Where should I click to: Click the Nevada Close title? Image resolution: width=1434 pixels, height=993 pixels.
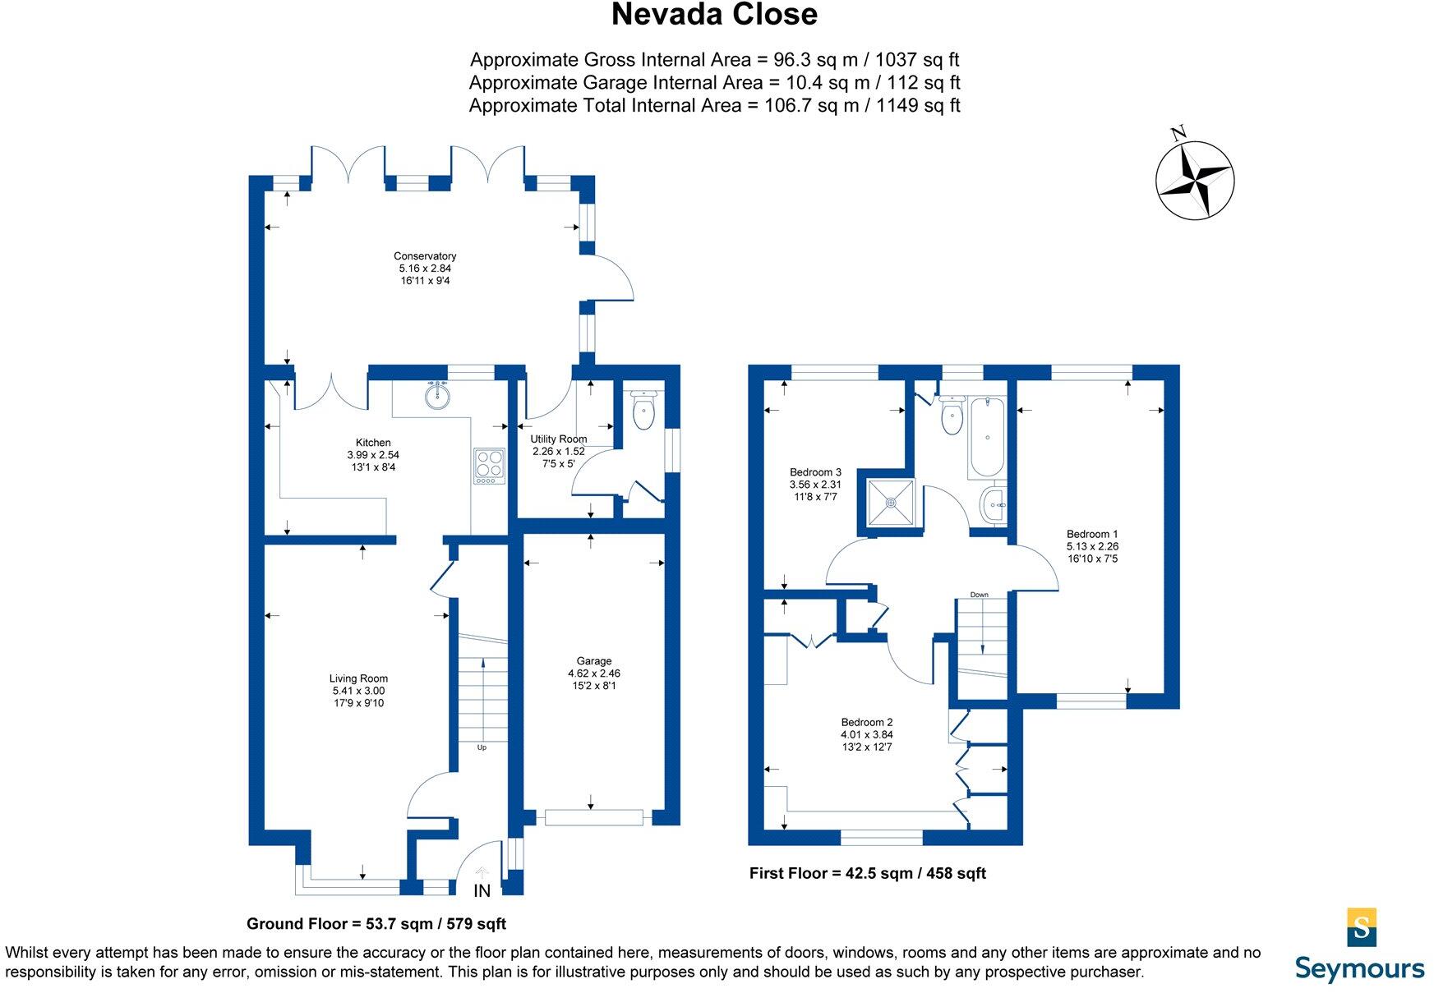click(713, 15)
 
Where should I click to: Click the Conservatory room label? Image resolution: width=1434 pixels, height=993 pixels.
click(425, 256)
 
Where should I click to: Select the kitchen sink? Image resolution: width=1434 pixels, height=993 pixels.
click(438, 397)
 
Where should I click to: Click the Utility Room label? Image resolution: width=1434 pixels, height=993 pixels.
click(559, 439)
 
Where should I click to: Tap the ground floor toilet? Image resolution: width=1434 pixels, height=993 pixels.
click(643, 411)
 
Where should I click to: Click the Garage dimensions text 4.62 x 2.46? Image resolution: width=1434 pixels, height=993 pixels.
click(593, 673)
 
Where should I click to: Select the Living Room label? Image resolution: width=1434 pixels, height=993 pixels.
click(358, 678)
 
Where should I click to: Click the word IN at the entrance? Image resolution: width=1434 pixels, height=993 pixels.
click(482, 891)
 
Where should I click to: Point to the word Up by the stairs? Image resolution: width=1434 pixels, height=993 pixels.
click(482, 747)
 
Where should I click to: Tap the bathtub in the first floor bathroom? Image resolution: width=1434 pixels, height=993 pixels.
click(986, 438)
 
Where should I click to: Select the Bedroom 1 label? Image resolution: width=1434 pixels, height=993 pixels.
click(1092, 534)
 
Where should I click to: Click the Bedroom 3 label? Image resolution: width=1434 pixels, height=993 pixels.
click(815, 472)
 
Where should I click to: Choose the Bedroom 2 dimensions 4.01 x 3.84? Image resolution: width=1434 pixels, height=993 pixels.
click(866, 735)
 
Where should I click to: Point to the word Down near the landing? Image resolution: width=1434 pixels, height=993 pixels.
click(979, 595)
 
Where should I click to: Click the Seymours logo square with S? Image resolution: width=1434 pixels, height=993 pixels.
click(1362, 927)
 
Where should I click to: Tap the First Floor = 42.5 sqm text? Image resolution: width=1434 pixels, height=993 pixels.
click(867, 873)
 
